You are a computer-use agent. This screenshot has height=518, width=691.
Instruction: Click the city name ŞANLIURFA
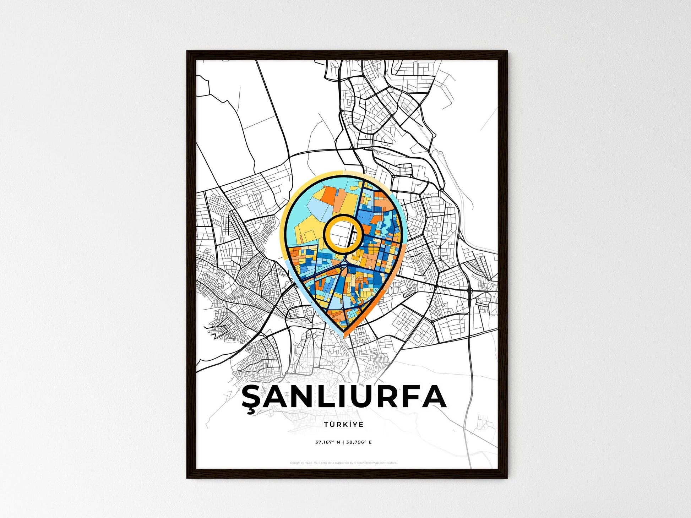point(344,397)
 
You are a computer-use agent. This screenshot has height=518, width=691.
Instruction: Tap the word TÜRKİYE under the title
point(343,425)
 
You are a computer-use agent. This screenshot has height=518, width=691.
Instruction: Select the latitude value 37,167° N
point(327,442)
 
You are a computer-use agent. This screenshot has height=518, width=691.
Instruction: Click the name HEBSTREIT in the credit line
point(312,463)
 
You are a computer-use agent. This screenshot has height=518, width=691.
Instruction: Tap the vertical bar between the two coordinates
point(343,442)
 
